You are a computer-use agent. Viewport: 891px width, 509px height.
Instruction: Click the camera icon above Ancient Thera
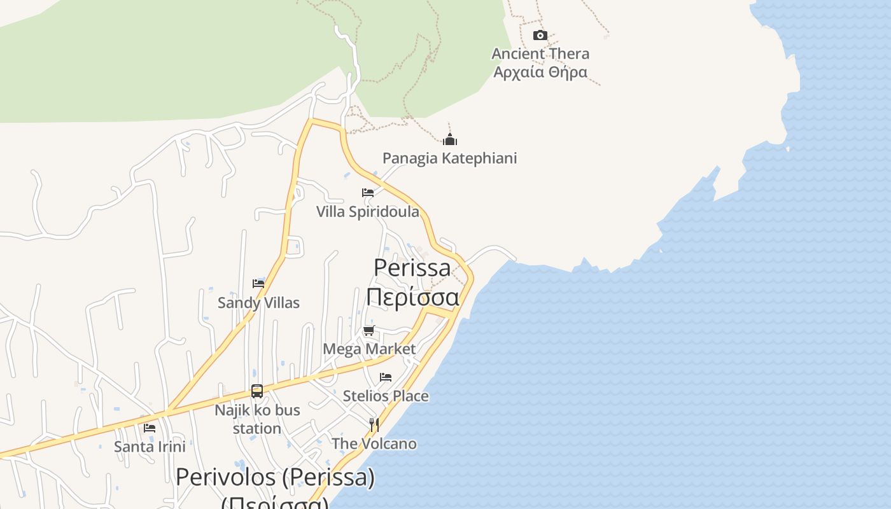tap(540, 35)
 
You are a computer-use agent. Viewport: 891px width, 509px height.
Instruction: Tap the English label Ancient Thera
tap(540, 53)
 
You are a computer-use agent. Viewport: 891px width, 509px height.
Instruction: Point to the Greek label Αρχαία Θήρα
tap(540, 72)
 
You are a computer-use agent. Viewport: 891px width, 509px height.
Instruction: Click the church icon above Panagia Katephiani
tap(450, 139)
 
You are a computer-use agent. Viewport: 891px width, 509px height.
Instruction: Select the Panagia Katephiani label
tap(449, 158)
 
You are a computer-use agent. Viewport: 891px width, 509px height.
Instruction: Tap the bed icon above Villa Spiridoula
tap(368, 193)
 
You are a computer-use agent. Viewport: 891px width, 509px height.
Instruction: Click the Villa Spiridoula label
tap(368, 211)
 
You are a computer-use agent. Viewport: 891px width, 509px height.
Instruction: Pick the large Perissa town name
tap(412, 267)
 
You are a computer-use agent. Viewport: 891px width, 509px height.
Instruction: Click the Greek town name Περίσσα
tap(412, 296)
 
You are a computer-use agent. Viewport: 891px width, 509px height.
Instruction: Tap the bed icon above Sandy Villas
tap(258, 284)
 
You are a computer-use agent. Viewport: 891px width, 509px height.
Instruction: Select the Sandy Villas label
tap(258, 302)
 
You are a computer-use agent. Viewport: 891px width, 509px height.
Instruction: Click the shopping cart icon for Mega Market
tap(369, 330)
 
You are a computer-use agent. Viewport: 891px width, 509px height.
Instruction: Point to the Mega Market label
tap(369, 349)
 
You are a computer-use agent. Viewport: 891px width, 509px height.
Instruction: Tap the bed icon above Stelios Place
tap(386, 377)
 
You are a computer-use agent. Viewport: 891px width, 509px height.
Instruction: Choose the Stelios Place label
tap(386, 396)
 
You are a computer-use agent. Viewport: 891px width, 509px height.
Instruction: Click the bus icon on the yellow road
tap(257, 391)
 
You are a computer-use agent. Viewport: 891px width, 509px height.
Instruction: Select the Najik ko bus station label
tap(257, 419)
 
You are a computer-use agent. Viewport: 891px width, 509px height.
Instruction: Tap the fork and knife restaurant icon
tap(374, 424)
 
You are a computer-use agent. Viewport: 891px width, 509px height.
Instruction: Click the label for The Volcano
tap(374, 443)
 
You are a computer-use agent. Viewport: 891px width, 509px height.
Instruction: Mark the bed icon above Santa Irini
tap(150, 428)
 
